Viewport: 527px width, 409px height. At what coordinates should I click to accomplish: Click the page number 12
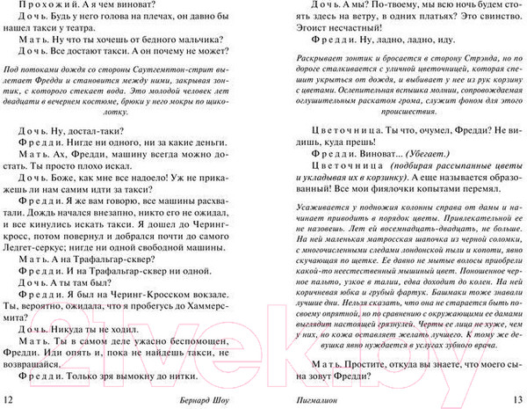[x=10, y=400]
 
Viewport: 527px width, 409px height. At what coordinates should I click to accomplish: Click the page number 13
[x=513, y=400]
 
